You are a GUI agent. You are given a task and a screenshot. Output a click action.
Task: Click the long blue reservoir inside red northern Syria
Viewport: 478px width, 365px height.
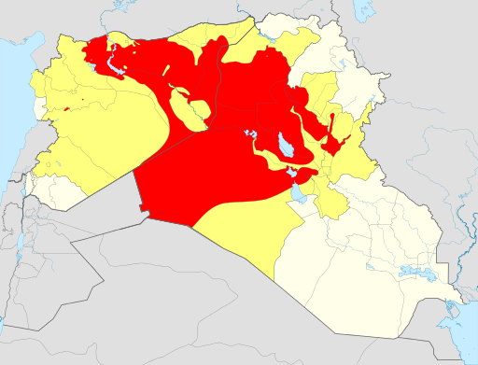point(115,64)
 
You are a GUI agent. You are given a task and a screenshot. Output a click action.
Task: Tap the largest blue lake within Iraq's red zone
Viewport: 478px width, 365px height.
point(283,144)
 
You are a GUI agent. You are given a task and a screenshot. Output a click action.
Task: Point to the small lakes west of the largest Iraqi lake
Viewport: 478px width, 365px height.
point(249,135)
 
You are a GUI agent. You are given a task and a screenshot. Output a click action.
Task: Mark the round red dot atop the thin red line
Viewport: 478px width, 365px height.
point(332,115)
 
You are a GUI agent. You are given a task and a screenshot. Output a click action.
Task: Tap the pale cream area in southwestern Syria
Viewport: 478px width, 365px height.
point(51,191)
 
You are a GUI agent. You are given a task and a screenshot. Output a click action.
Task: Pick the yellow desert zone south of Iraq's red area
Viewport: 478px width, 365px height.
point(243,229)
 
